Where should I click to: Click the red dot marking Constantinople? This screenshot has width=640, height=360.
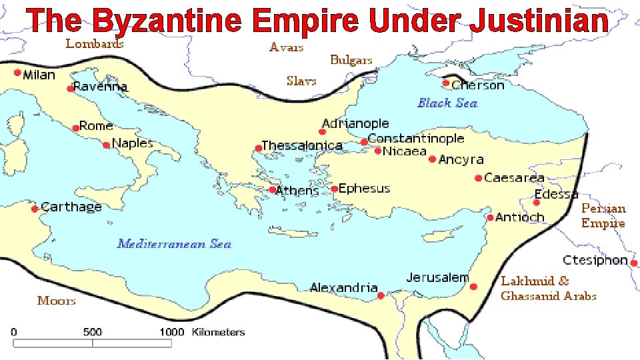pos(364,142)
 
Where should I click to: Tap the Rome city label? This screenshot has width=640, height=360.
pos(97,126)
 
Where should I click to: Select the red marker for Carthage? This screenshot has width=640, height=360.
pos(35,209)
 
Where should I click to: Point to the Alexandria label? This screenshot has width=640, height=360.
pos(343,287)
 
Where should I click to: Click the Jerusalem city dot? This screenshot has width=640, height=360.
pos(473,287)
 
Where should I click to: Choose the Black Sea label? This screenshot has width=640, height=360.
pos(447,103)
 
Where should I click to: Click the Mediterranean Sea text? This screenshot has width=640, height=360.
pos(174,243)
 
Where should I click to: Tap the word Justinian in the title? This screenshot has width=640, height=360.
pos(539,21)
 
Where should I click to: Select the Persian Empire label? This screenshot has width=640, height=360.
pos(603,215)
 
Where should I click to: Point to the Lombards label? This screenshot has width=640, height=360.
pos(95,44)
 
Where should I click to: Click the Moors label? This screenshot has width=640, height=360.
pos(57,301)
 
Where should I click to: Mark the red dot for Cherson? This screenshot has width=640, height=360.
pos(447,83)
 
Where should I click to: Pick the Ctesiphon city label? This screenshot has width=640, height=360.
pos(595,260)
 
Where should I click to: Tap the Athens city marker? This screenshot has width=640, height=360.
pos(273,190)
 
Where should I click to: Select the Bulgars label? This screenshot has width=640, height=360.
pos(351,60)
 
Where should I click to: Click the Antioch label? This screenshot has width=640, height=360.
pos(520,217)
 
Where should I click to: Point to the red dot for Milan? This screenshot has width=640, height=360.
pos(17,73)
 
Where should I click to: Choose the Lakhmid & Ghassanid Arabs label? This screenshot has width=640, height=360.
pos(548,288)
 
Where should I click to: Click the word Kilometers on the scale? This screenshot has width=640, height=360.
pos(218,332)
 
